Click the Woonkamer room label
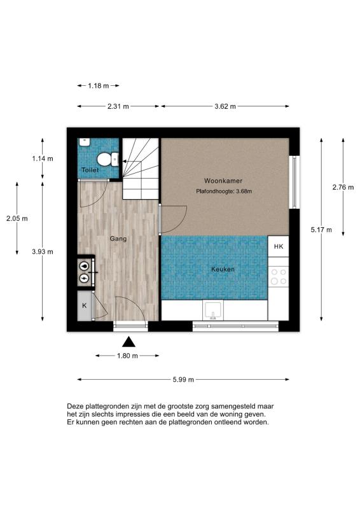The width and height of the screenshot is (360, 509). pyautogui.click(x=223, y=181)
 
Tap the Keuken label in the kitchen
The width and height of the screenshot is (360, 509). pyautogui.click(x=223, y=269)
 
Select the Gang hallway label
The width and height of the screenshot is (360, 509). pyautogui.click(x=118, y=239)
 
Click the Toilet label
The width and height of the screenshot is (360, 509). pyautogui.click(x=90, y=170)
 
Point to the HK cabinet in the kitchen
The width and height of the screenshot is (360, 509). pyautogui.click(x=278, y=246)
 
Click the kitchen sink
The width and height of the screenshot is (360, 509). pyautogui.click(x=213, y=310)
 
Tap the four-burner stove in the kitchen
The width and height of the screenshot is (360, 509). pyautogui.click(x=279, y=277)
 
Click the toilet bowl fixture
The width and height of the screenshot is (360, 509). pyautogui.click(x=107, y=159)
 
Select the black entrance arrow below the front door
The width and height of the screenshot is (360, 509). pyautogui.click(x=129, y=342)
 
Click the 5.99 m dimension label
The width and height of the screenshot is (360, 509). pyautogui.click(x=183, y=379)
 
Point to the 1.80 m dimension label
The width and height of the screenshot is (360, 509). pyautogui.click(x=127, y=356)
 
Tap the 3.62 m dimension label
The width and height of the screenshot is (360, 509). pyautogui.click(x=225, y=106)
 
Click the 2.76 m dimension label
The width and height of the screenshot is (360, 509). pyautogui.click(x=343, y=187)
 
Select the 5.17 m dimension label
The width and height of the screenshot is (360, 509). pyautogui.click(x=321, y=230)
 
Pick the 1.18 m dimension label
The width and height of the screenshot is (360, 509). pyautogui.click(x=99, y=86)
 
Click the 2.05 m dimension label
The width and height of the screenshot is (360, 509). pyautogui.click(x=17, y=218)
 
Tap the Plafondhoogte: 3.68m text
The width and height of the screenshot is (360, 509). pyautogui.click(x=224, y=192)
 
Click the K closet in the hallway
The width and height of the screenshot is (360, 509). pyautogui.click(x=85, y=305)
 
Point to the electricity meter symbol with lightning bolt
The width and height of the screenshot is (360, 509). pyautogui.click(x=85, y=278)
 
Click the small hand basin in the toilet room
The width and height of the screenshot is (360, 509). pyautogui.click(x=84, y=142)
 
